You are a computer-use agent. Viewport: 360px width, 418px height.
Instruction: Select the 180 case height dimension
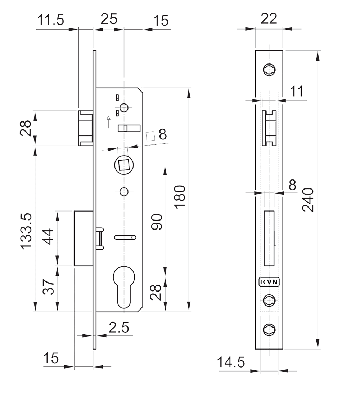pos(180,196)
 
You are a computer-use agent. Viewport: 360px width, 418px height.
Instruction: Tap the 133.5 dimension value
pos(26,231)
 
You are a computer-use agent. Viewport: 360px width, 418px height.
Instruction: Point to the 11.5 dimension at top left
pos(51,20)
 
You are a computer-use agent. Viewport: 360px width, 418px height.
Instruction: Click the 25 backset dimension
pos(109,19)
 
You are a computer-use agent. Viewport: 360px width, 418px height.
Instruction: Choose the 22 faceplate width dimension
pos(269,19)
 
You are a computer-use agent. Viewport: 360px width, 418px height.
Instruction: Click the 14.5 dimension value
pos(231,362)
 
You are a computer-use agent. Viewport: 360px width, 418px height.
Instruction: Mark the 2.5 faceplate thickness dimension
pos(119,327)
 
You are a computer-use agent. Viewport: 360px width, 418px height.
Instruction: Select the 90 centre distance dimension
pos(157,222)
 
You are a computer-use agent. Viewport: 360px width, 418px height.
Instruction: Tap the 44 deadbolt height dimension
pos(48,236)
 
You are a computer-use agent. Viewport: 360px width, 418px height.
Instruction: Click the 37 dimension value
pos(49,286)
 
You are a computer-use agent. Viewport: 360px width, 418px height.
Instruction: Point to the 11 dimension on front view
pos(296,91)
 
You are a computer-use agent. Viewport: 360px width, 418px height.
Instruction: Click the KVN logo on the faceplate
pos(269,282)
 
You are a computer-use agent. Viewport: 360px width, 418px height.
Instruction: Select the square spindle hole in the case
pos(124,165)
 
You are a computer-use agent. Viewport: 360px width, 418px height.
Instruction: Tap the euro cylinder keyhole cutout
pos(124,286)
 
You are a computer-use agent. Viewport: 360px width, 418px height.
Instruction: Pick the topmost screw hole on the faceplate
pos(269,70)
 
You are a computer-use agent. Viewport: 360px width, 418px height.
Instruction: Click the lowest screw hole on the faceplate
pos(269,329)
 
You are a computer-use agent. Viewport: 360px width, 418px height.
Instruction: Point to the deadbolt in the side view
pos(84,238)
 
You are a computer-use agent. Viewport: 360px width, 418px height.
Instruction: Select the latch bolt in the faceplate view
pos(269,128)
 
